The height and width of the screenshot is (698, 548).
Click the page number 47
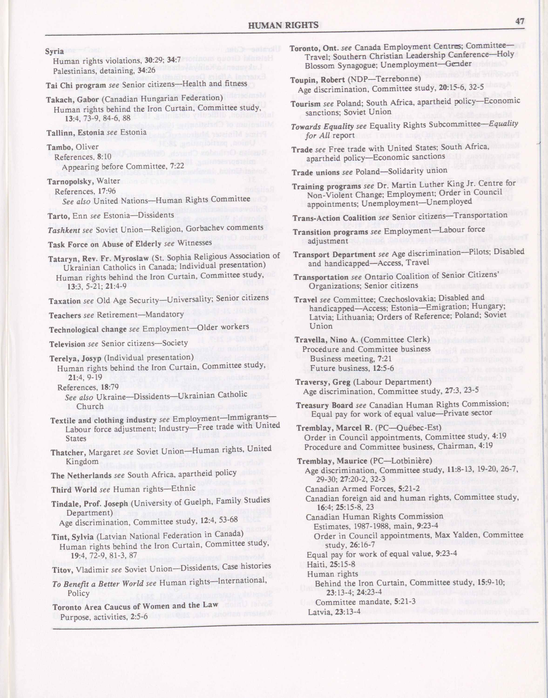click(520, 21)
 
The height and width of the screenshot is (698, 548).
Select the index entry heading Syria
click(54, 51)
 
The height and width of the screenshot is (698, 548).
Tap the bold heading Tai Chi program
click(76, 85)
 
